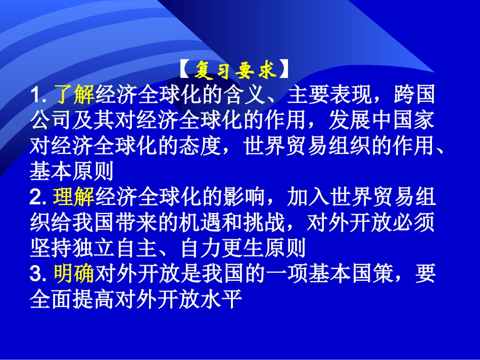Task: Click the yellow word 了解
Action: (x=74, y=95)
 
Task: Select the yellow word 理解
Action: (x=74, y=198)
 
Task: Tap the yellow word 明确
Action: (x=74, y=274)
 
